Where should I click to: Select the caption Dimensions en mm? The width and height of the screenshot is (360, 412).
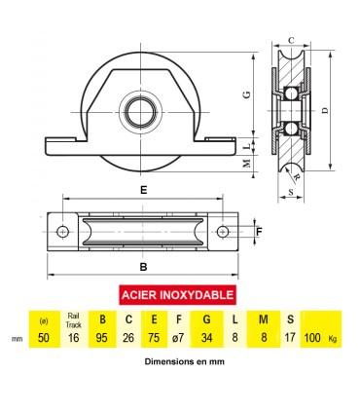click(x=179, y=361)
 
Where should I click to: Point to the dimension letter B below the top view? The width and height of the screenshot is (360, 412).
click(x=143, y=266)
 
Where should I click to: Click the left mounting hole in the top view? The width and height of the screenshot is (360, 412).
click(x=63, y=232)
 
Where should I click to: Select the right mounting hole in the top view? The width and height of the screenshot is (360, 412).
click(x=223, y=232)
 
